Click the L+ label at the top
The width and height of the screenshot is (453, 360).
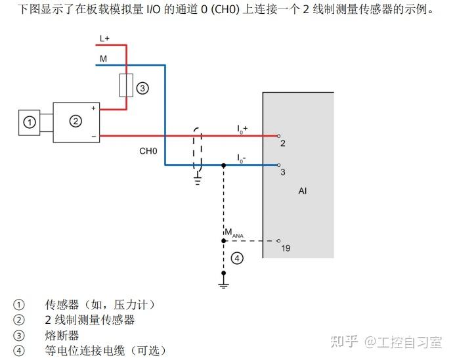pyautogui.click(x=104, y=39)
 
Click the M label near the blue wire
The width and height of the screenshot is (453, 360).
pyautogui.click(x=103, y=59)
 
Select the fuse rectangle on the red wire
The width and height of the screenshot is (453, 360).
pyautogui.click(x=127, y=86)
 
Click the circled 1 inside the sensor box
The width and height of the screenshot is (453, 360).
pyautogui.click(x=29, y=122)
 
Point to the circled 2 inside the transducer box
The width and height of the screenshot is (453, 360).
pyautogui.click(x=75, y=120)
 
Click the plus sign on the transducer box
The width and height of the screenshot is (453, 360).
pyautogui.click(x=94, y=108)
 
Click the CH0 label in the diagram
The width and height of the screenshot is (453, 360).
pyautogui.click(x=148, y=151)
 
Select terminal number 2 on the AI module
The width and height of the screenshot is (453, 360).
pyautogui.click(x=282, y=143)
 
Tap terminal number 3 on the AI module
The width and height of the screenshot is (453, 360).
pyautogui.click(x=282, y=172)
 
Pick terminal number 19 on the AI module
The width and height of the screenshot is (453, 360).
pyautogui.click(x=286, y=248)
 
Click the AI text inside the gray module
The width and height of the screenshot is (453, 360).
pyautogui.click(x=303, y=191)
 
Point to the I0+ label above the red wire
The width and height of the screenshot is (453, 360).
pyautogui.click(x=242, y=129)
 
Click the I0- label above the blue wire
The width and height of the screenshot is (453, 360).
pyautogui.click(x=242, y=158)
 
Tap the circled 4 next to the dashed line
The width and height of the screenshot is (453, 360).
pyautogui.click(x=238, y=258)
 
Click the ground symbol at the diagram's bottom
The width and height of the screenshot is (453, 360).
pyautogui.click(x=224, y=284)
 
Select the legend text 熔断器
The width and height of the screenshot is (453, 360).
pyautogui.click(x=62, y=335)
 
